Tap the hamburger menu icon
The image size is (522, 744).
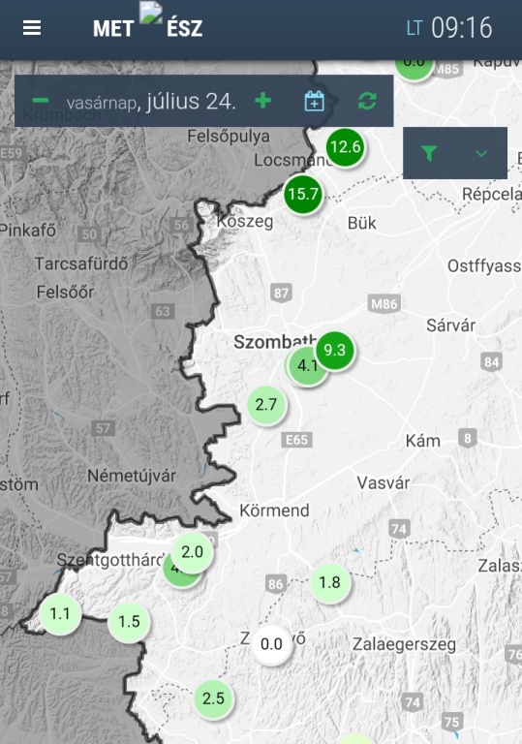click(32, 28)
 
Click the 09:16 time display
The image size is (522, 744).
click(461, 28)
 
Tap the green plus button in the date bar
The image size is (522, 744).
click(262, 101)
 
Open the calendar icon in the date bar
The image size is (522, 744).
click(314, 101)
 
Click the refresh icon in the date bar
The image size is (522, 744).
click(367, 101)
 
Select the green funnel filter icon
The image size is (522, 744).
click(429, 153)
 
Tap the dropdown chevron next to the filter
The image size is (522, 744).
click(481, 153)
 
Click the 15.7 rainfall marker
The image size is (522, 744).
click(303, 194)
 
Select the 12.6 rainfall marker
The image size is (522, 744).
click(345, 147)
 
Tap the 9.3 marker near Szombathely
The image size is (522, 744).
click(335, 351)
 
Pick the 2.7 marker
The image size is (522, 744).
click(266, 405)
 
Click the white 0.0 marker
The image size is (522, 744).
click(272, 644)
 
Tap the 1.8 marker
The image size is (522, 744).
click(330, 582)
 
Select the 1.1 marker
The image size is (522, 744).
click(60, 613)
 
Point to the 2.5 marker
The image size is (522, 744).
click(213, 698)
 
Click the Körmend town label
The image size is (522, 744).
click(274, 511)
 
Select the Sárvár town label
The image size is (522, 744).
click(451, 325)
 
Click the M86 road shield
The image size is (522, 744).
click(384, 304)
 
